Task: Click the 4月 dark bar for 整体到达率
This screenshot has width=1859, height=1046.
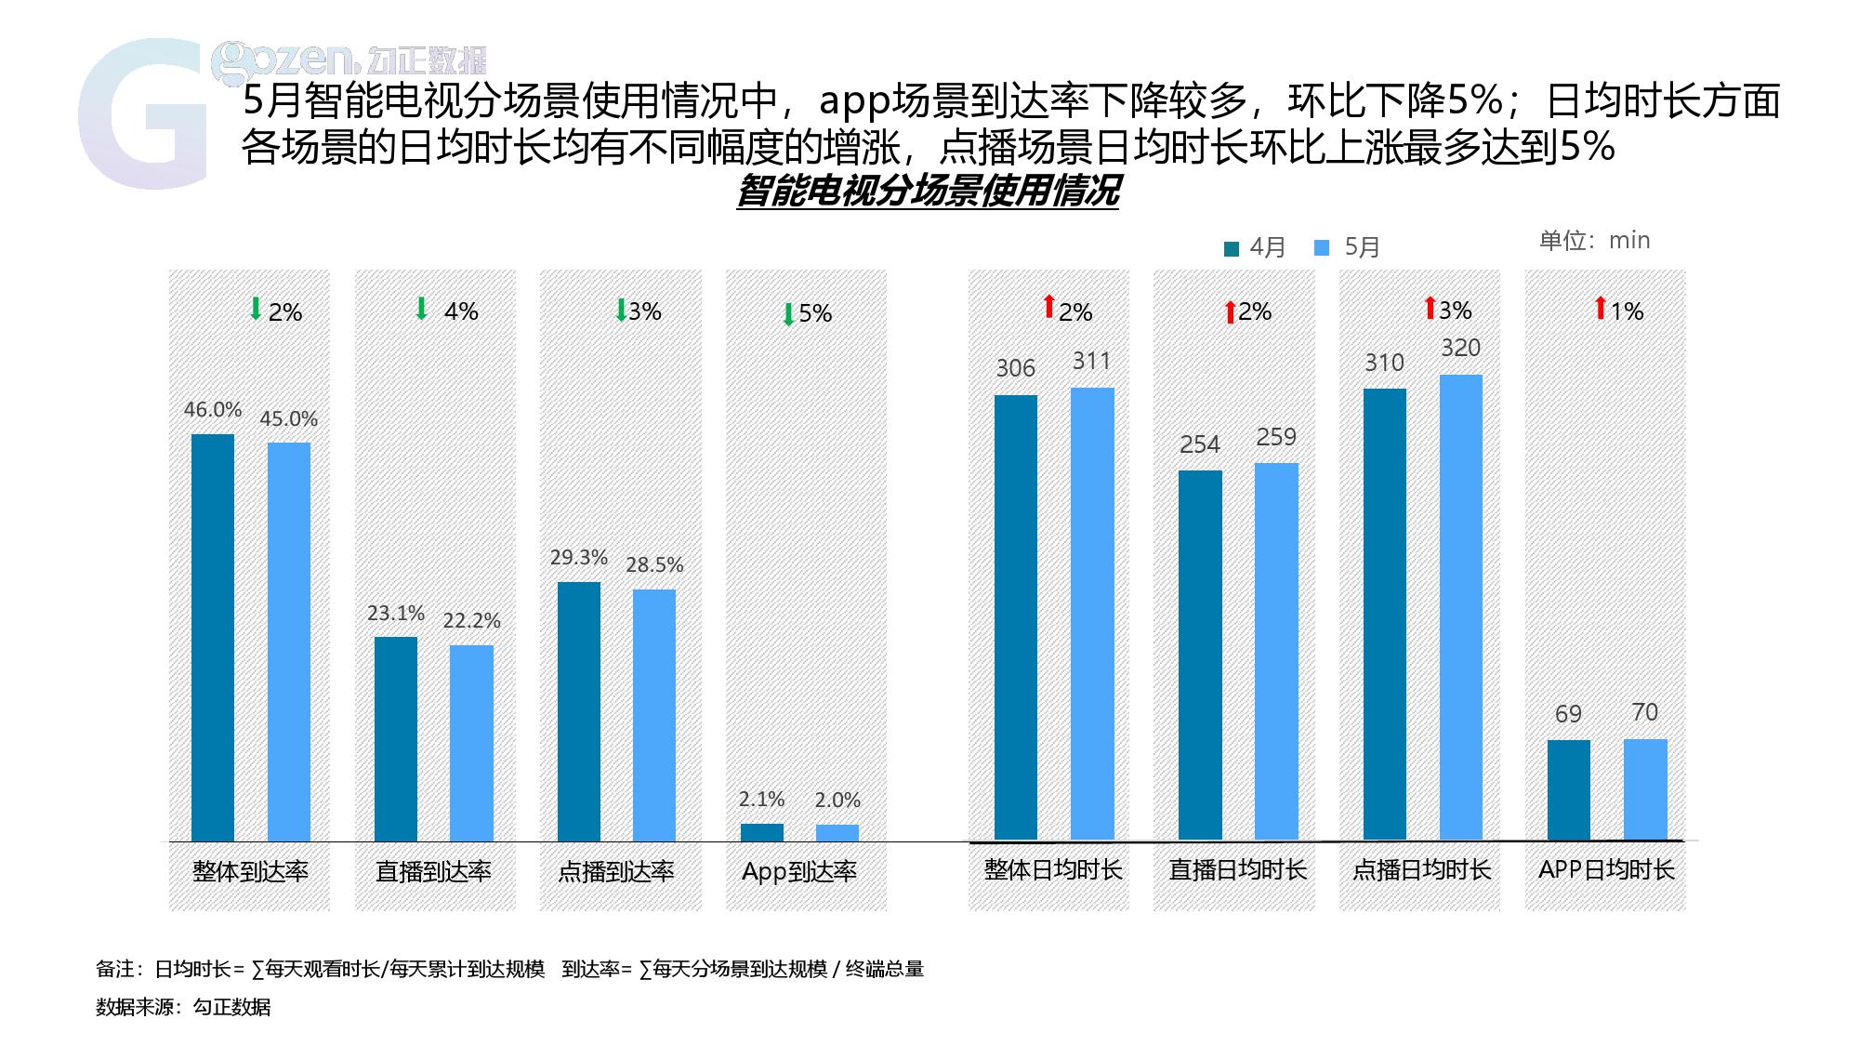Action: point(213,637)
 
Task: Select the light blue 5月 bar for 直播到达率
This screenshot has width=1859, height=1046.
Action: point(471,743)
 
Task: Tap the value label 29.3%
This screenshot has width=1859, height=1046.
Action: point(578,558)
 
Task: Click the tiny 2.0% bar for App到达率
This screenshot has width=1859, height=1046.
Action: point(837,832)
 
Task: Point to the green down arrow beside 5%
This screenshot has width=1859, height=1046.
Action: point(788,314)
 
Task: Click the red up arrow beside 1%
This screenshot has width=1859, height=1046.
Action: point(1601,308)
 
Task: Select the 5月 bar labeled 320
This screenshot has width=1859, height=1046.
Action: point(1460,606)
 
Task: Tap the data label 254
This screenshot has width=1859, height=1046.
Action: point(1199,444)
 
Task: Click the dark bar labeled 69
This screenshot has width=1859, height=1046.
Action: point(1568,789)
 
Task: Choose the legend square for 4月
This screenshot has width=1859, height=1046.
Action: point(1232,248)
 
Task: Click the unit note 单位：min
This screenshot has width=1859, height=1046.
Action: point(1594,241)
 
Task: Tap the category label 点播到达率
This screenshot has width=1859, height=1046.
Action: point(615,871)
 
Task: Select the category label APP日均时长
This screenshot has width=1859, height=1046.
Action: point(1605,869)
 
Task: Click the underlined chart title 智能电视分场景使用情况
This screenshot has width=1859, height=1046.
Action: point(927,192)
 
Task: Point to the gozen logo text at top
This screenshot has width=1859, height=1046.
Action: point(349,60)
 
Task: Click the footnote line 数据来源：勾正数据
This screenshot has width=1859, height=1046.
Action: point(183,1007)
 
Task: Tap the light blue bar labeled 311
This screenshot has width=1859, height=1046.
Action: point(1091,614)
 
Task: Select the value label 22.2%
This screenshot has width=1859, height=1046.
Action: point(471,620)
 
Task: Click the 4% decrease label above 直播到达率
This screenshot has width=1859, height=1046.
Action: point(461,311)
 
